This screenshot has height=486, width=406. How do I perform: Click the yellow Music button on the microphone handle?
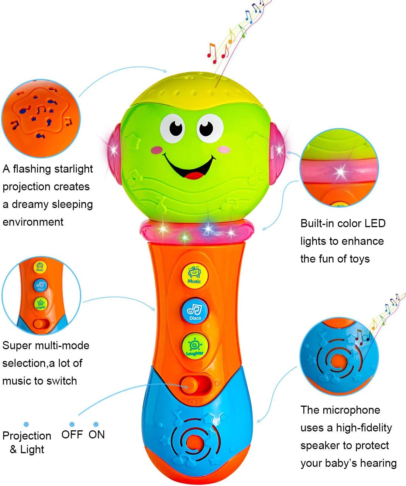(x=195, y=275)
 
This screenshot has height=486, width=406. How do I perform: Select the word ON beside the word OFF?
(x=97, y=434)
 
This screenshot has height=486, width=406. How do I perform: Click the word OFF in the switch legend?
(x=72, y=434)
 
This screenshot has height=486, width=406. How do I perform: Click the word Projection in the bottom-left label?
(x=27, y=435)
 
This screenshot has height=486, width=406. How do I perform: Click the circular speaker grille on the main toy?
(x=194, y=438)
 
